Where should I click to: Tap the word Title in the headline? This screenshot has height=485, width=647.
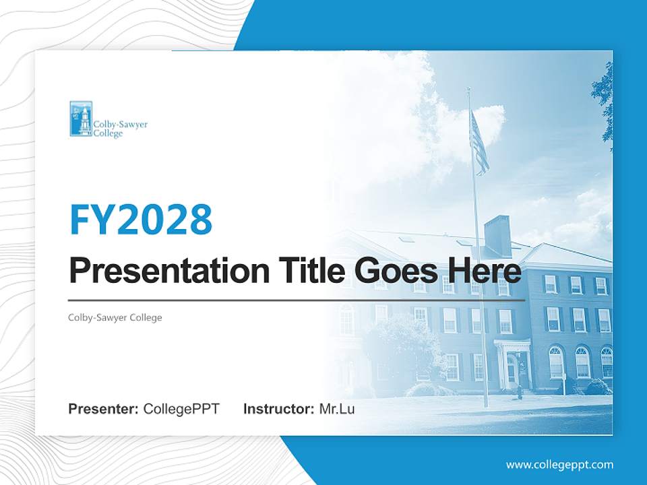[x=307, y=271]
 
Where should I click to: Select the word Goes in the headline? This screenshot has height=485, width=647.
[x=392, y=271]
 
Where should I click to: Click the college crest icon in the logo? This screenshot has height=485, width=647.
[x=81, y=119]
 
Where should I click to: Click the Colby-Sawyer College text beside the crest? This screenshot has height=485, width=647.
[x=120, y=129]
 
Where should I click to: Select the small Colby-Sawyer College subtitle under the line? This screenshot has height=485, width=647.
[x=115, y=317]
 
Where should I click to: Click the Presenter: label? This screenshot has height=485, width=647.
[x=104, y=409]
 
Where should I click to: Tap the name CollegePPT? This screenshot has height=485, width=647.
[x=181, y=409]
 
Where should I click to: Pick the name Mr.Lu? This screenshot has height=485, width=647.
[x=337, y=409]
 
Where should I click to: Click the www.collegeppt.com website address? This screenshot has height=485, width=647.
[x=559, y=464]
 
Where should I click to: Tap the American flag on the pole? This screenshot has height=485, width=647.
[x=479, y=143]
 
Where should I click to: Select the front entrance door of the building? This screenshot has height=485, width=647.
[x=512, y=370]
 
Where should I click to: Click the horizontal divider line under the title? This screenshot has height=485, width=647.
[x=297, y=300]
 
